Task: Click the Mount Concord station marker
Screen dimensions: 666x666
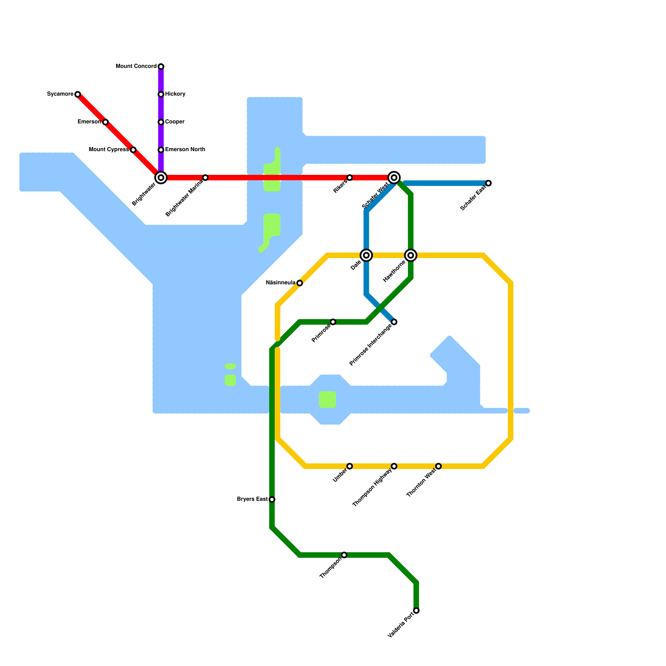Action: [161, 67]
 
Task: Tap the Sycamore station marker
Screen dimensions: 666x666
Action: [78, 94]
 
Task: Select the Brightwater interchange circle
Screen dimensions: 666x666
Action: [161, 178]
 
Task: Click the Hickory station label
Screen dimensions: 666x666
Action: [175, 94]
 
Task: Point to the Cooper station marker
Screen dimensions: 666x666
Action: [161, 122]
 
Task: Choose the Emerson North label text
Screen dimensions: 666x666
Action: [185, 149]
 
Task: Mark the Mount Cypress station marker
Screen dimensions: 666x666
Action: [133, 150]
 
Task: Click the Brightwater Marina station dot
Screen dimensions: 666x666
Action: [205, 178]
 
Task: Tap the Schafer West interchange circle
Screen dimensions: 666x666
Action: [394, 178]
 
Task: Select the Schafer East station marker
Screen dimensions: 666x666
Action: [489, 183]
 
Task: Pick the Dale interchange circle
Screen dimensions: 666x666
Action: [366, 255]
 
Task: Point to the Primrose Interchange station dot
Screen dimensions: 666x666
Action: [394, 322]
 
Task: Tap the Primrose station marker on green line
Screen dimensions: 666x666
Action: [333, 322]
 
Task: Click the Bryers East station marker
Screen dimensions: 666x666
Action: [272, 499]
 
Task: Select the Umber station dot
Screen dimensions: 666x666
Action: [350, 466]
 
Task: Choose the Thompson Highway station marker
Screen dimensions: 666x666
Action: [394, 466]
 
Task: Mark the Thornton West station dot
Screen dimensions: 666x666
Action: [438, 466]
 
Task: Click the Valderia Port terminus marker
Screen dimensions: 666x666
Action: [416, 611]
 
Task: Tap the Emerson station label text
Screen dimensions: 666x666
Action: [89, 122]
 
